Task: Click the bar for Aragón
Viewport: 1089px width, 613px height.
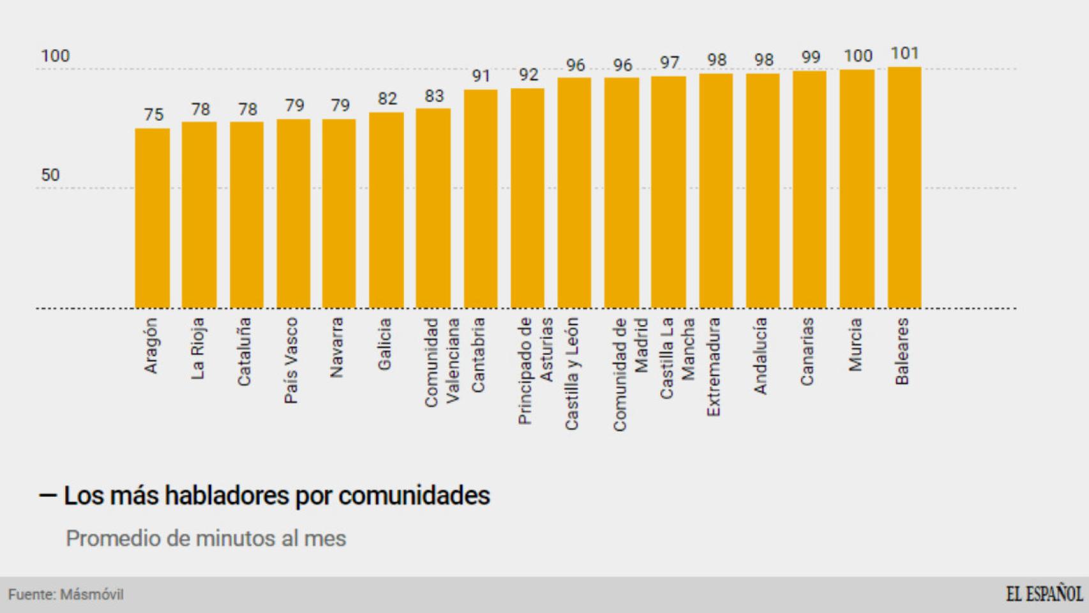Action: tap(152, 218)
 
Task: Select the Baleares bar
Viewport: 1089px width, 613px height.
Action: tap(904, 188)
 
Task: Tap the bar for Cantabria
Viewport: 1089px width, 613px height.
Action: tap(481, 199)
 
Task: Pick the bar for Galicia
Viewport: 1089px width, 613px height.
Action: tap(386, 211)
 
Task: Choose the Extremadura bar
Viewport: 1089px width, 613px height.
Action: tap(716, 191)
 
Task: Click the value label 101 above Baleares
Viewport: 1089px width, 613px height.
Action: tap(904, 54)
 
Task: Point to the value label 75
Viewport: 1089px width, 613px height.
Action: tap(153, 115)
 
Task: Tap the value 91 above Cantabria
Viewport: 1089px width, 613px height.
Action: tap(481, 77)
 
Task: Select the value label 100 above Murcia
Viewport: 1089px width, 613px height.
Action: tap(857, 56)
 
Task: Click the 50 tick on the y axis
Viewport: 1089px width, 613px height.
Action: tap(50, 175)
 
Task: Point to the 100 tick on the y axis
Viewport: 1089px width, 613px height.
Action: tap(55, 56)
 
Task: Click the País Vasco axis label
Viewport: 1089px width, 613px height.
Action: tap(291, 361)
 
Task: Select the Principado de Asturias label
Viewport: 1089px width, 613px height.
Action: tap(535, 370)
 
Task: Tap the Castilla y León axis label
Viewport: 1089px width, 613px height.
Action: tap(571, 374)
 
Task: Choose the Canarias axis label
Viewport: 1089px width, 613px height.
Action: tap(807, 351)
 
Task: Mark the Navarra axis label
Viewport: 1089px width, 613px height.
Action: tap(337, 347)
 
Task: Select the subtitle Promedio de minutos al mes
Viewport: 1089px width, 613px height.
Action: tap(206, 538)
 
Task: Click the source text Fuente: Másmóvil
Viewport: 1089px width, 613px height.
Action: tap(66, 594)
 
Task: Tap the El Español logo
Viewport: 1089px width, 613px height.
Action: tap(1044, 594)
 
